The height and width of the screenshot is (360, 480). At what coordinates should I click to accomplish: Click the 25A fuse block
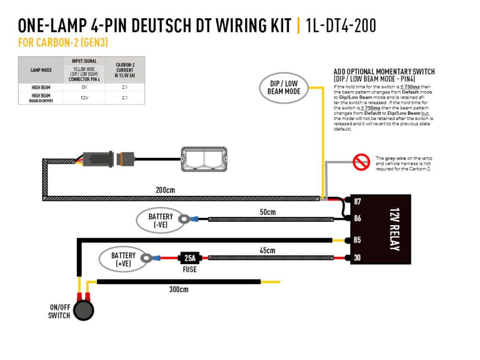[x=189, y=258]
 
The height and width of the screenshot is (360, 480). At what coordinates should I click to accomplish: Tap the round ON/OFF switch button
[x=83, y=310]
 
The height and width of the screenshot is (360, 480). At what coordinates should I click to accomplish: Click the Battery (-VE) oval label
[x=161, y=220]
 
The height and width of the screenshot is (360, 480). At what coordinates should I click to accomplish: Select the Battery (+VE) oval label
[x=123, y=259]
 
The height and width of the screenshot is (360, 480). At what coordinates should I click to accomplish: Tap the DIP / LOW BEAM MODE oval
[x=284, y=87]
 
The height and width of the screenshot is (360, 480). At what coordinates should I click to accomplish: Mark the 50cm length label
[x=267, y=212]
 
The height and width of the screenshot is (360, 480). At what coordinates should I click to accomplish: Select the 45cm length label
[x=267, y=251]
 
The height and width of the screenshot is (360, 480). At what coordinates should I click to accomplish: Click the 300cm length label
[x=179, y=290]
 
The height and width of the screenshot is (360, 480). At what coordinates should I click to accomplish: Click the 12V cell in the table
[x=84, y=98]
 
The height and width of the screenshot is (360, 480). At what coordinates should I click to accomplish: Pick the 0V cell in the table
[x=84, y=87]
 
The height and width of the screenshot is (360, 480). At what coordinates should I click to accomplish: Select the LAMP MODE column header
[x=41, y=70]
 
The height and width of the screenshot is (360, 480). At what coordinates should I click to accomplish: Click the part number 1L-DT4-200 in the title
[x=341, y=26]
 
